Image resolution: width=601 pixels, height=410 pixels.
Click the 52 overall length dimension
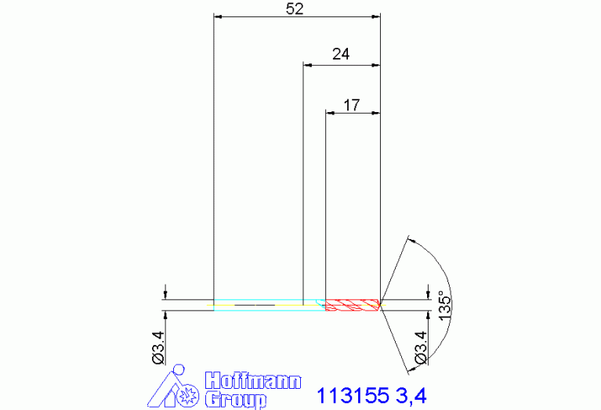point(295,9)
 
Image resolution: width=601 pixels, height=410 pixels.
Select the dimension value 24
point(341,54)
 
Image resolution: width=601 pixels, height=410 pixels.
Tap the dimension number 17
point(352,105)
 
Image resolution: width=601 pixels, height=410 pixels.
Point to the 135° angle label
point(444,306)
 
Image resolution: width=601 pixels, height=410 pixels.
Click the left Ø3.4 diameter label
point(158,347)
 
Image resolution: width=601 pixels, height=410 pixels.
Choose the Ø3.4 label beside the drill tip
point(421,347)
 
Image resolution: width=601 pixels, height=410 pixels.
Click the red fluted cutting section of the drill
point(353,305)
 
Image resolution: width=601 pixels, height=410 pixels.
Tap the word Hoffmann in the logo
point(253,380)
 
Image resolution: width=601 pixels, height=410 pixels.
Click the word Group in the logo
point(236,400)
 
